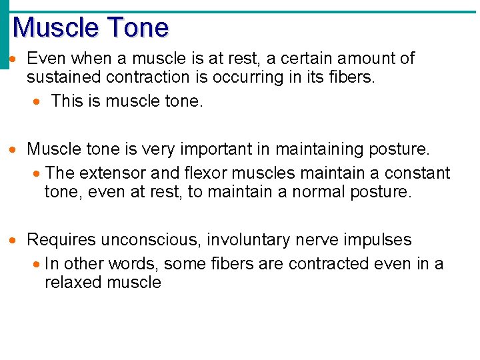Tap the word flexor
click(x=200, y=173)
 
